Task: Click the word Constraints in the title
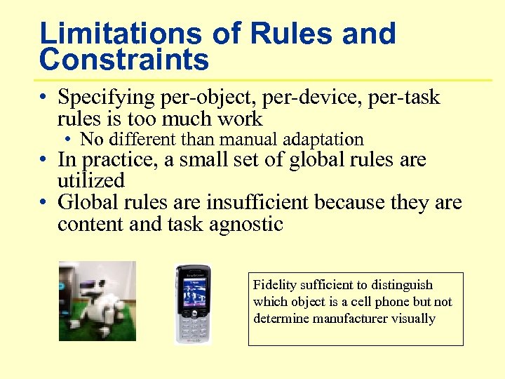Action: point(124,60)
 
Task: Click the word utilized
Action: point(91,180)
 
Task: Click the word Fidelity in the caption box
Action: point(274,285)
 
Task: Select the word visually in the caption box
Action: point(415,319)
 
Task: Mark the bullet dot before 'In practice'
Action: point(44,161)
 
